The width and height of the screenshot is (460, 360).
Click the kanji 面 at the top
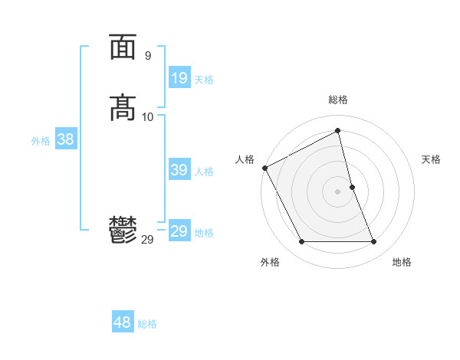pyautogui.click(x=123, y=47)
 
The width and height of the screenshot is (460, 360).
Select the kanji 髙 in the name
pyautogui.click(x=123, y=107)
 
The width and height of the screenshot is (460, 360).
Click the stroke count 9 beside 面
pyautogui.click(x=147, y=56)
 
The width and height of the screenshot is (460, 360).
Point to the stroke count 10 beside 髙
pyautogui.click(x=148, y=116)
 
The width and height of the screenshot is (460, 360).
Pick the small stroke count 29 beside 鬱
pyautogui.click(x=147, y=239)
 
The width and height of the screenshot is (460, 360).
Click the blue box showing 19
pyautogui.click(x=179, y=77)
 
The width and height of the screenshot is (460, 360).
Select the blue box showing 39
pyautogui.click(x=179, y=170)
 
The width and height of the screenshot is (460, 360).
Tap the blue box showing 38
pyautogui.click(x=65, y=139)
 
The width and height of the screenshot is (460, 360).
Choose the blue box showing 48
pyautogui.click(x=123, y=322)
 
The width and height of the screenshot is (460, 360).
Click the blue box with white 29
pyautogui.click(x=179, y=231)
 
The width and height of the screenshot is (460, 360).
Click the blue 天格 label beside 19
pyautogui.click(x=204, y=80)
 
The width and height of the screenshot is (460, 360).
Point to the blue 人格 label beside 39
pyautogui.click(x=204, y=172)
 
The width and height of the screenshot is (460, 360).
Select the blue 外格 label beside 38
pyautogui.click(x=41, y=141)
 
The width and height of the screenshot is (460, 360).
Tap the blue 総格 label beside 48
pyautogui.click(x=147, y=324)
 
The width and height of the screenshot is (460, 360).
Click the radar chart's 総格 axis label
pyautogui.click(x=338, y=100)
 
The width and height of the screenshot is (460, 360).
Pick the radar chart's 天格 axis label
pyautogui.click(x=431, y=159)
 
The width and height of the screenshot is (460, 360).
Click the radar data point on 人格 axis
pyautogui.click(x=264, y=168)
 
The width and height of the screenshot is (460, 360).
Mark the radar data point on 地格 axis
pyautogui.click(x=374, y=242)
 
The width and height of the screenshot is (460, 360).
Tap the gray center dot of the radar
pyautogui.click(x=338, y=191)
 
